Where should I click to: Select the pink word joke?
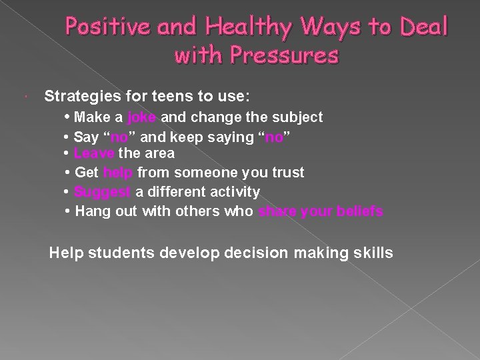coord(141,117)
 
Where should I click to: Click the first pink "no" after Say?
coord(119,137)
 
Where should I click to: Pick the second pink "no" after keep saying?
coord(273,137)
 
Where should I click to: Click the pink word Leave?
coord(95,153)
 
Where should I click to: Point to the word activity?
coord(234,192)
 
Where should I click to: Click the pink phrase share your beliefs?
coord(321,211)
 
